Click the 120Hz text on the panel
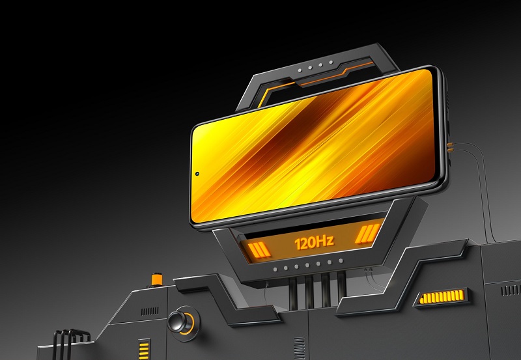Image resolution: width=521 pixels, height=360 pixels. [x=314, y=243]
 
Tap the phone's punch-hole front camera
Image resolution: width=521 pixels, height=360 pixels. [x=197, y=174]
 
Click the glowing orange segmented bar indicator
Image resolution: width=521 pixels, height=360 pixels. [x=442, y=297]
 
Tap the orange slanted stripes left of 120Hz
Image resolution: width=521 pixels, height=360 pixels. [x=259, y=250]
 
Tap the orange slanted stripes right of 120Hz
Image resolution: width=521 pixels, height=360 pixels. [x=367, y=234]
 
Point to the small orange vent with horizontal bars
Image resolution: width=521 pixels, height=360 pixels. [x=144, y=350]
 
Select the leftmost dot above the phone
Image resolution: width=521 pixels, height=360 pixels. [x=300, y=70]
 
